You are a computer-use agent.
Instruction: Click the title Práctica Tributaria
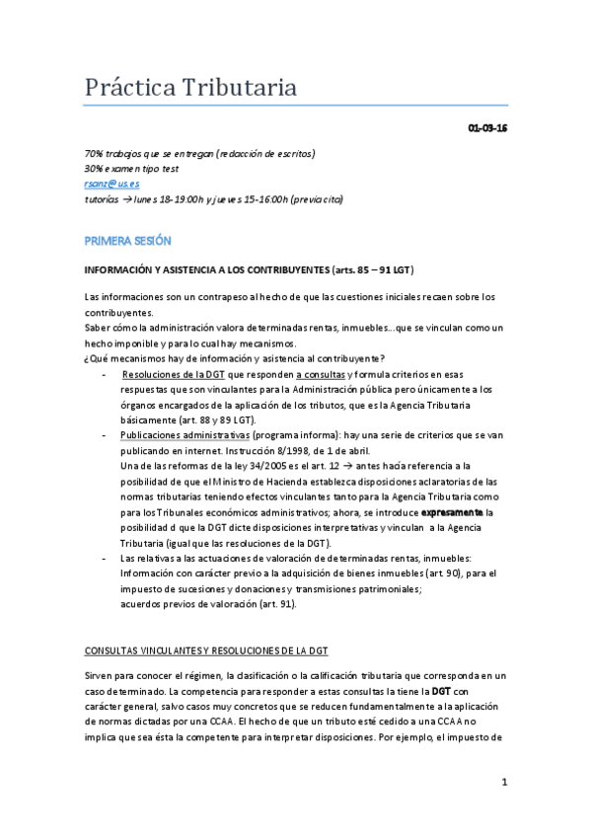tap(190, 88)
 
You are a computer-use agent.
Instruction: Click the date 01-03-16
tap(487, 128)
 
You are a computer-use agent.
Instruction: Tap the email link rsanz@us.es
tap(111, 184)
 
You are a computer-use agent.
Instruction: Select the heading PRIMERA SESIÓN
tap(128, 240)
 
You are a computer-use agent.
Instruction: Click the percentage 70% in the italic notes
tap(95, 154)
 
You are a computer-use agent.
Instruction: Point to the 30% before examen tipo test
tap(95, 169)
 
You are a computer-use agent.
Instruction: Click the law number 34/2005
tap(279, 466)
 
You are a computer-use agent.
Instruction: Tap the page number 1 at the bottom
tap(503, 783)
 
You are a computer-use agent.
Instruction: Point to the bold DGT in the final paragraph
tap(441, 691)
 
